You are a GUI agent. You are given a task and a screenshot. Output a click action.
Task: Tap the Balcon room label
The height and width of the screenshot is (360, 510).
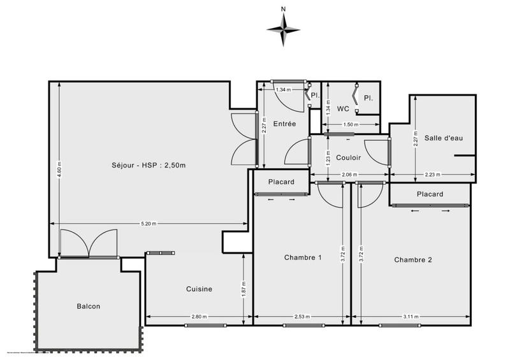(89, 306)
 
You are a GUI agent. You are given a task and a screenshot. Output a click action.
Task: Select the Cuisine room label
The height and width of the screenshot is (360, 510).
(199, 289)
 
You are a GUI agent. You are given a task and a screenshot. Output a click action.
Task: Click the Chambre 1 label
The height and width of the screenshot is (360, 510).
(303, 257)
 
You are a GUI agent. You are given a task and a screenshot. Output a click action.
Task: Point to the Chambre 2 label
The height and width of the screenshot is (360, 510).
(413, 259)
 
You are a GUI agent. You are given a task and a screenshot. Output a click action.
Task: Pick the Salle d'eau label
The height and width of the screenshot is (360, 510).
(442, 138)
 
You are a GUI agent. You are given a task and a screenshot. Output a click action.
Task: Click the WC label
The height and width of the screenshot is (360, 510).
(343, 108)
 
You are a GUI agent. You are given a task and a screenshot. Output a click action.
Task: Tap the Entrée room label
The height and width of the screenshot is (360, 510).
(284, 124)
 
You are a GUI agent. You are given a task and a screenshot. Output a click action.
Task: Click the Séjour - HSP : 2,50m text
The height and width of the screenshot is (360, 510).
(148, 166)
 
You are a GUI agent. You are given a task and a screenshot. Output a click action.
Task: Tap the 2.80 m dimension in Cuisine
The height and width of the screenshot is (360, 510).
(199, 317)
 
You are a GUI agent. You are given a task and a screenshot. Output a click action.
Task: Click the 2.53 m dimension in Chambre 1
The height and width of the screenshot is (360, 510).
(302, 317)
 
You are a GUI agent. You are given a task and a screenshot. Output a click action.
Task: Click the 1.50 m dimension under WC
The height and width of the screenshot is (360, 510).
(349, 124)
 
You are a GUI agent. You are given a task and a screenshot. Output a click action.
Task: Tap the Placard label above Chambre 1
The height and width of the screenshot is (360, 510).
(281, 182)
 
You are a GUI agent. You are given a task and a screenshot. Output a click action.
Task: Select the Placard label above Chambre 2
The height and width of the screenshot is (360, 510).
(430, 194)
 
